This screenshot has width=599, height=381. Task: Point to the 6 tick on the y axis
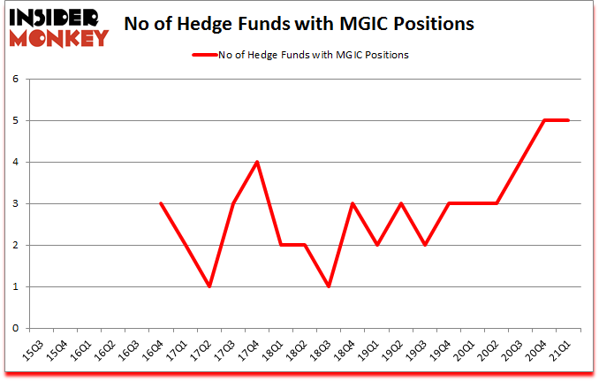(15, 79)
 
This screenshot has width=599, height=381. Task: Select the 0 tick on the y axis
(15, 328)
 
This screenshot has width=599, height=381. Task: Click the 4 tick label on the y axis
(15, 162)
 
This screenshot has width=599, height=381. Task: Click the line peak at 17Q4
(257, 162)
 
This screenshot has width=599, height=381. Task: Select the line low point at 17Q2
(209, 286)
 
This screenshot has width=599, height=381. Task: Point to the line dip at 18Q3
(329, 286)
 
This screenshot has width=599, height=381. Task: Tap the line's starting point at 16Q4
(162, 203)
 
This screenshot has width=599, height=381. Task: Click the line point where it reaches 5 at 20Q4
(544, 120)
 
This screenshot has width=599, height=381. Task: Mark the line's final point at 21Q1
(568, 120)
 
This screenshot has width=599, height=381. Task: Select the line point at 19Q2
(400, 203)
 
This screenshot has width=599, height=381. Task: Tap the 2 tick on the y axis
(15, 245)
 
